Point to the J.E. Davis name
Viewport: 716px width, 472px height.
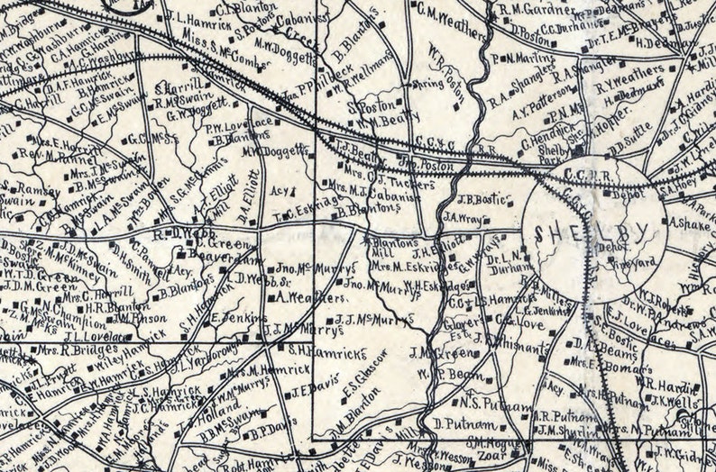click(316, 389)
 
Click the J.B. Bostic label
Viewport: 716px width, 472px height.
click(479, 199)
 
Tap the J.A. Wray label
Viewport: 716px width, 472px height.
click(464, 216)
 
